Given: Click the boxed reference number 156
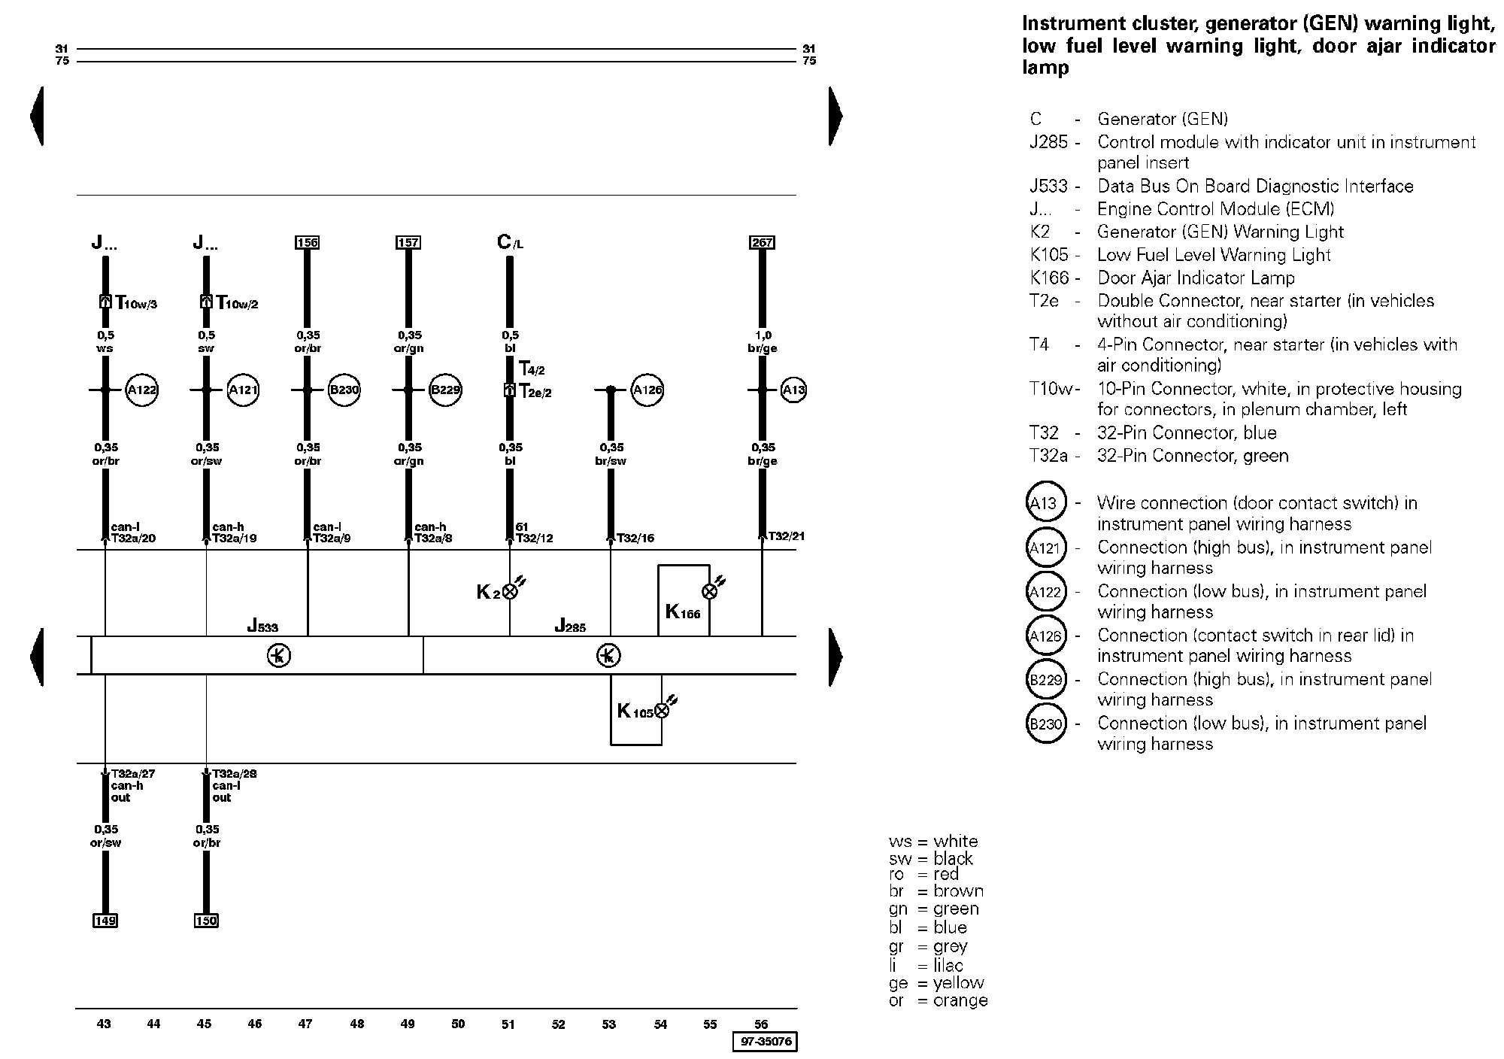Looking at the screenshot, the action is point(308,242).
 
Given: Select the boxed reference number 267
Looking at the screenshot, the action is point(763,242).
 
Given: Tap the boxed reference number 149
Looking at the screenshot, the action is point(105,921).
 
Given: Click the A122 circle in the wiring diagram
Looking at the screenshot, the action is point(141,390).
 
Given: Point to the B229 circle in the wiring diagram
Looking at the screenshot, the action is point(445,390).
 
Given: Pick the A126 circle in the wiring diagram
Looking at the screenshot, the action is point(647,390).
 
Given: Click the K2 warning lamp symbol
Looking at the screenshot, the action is point(510,591).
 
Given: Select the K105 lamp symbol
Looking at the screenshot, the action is point(662,711).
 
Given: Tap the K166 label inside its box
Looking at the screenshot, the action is point(682,611).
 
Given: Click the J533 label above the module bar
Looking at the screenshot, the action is point(262,626).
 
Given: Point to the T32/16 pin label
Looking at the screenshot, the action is point(635,538).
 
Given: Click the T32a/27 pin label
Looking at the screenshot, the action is point(133,773).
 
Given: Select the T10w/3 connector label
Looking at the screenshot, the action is point(136,302).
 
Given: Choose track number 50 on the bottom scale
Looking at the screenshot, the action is point(458,1024).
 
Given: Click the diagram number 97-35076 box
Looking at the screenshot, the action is point(765,1042).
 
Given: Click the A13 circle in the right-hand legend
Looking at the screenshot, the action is point(1046,503).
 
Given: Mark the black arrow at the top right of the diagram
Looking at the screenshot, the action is point(835,116).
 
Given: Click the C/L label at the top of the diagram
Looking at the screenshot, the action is point(510,242).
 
